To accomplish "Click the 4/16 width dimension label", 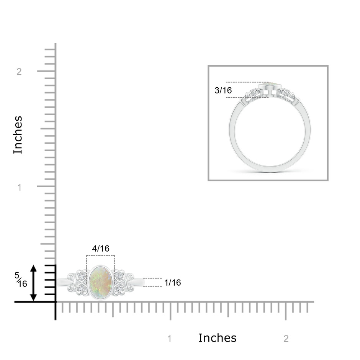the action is [x=101, y=249].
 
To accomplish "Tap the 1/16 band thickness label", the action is [x=173, y=283].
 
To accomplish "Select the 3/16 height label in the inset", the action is [x=223, y=90].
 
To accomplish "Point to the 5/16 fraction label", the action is [x=21, y=280].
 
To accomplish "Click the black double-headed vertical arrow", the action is [x=34, y=283].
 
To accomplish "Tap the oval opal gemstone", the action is [x=101, y=282].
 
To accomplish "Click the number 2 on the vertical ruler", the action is [x=19, y=72].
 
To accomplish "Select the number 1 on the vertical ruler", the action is [x=20, y=187].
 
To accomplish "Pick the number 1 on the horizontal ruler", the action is [x=170, y=339].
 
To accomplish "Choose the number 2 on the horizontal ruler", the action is [x=286, y=339].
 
